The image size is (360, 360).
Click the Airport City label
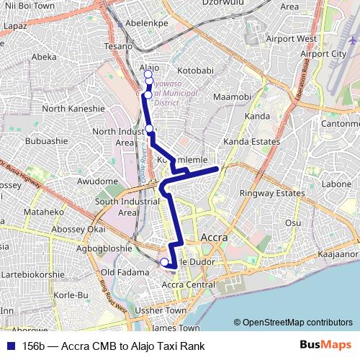pyautogui.click(x=323, y=54)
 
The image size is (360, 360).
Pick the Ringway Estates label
pyautogui.click(x=273, y=194)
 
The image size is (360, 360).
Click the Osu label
pyautogui.click(x=293, y=222)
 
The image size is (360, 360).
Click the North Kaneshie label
pyautogui.click(x=73, y=109)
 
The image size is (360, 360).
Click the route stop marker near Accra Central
pyautogui.click(x=164, y=262)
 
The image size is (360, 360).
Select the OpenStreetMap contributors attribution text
pyautogui.click(x=292, y=322)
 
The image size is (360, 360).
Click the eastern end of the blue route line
pyautogui.click(x=217, y=168)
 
